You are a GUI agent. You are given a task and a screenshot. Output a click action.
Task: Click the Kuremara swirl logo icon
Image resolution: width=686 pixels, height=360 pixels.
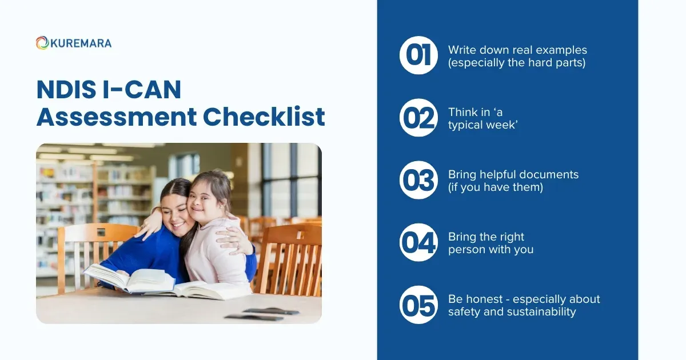click(42, 43)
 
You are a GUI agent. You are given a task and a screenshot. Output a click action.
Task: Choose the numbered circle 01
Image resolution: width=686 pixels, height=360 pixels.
click(418, 55)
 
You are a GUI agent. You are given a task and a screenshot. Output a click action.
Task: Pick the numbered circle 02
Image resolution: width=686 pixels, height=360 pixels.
click(418, 118)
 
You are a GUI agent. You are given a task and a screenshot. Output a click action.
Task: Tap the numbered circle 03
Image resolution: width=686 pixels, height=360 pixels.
click(418, 180)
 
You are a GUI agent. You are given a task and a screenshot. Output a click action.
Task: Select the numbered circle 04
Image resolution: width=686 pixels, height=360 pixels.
click(418, 242)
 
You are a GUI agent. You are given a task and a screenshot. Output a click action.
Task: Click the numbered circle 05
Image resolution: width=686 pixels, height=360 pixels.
click(418, 305)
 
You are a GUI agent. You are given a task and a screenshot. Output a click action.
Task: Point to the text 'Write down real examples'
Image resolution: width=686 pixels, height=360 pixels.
click(517, 50)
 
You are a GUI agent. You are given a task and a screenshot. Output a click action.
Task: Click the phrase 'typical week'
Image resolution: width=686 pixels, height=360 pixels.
click(483, 125)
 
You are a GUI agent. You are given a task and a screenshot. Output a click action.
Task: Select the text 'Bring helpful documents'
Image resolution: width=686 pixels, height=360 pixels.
click(513, 174)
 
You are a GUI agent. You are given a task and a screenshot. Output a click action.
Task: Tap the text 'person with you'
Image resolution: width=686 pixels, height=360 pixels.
click(490, 249)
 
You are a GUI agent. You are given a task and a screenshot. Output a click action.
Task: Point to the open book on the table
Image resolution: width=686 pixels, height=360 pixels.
click(131, 280)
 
